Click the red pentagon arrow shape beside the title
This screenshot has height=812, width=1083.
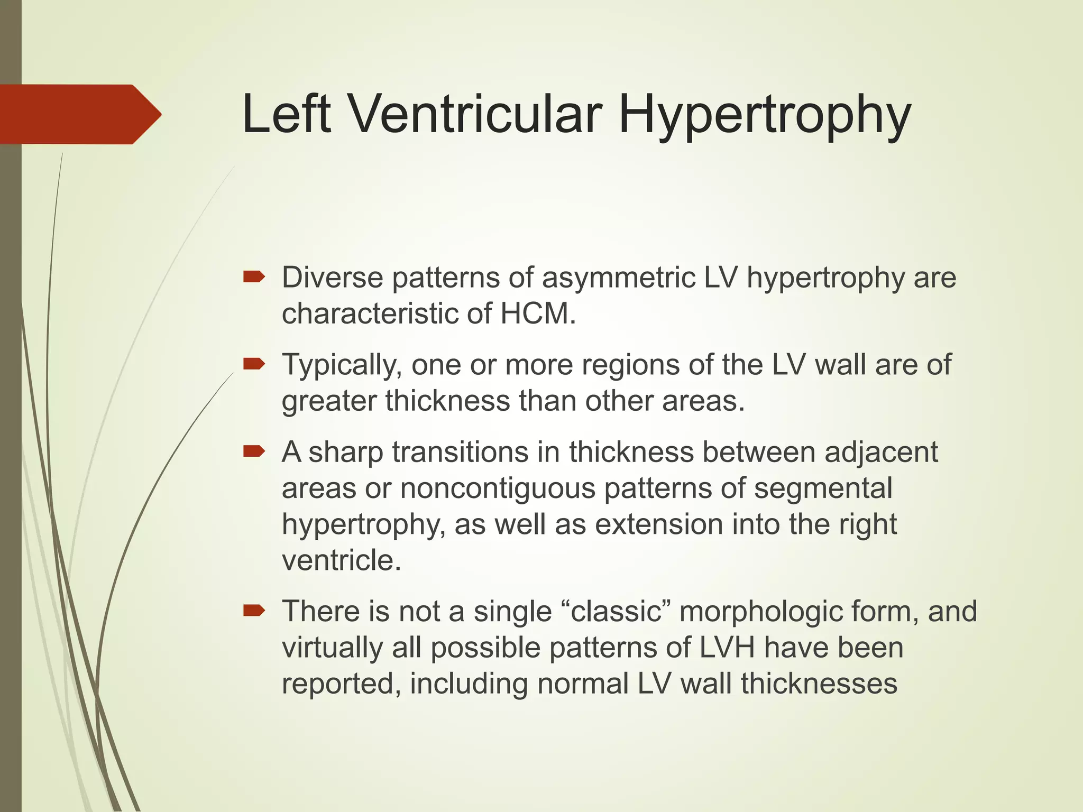[79, 114]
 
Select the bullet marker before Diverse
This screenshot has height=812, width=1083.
[254, 276]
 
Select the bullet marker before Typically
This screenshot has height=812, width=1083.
[254, 364]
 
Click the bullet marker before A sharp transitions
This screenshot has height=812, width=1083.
[254, 451]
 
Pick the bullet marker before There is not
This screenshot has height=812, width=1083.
[254, 611]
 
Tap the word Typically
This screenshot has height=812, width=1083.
[340, 365]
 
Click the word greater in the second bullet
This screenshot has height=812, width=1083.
[328, 401]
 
